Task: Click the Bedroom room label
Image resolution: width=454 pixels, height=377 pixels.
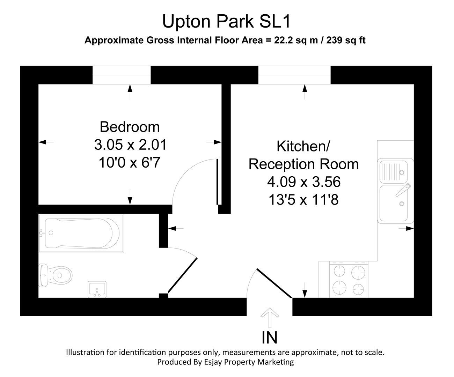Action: click(130, 127)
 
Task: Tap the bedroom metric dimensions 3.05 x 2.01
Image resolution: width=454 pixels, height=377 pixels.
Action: click(130, 145)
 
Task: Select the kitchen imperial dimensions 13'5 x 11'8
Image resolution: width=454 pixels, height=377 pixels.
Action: click(303, 200)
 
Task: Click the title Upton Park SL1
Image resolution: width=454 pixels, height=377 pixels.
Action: click(226, 22)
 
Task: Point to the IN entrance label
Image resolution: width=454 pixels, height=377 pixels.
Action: click(270, 338)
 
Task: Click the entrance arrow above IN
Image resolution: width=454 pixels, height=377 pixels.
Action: click(270, 316)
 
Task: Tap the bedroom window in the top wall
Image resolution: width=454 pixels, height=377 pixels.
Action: click(122, 75)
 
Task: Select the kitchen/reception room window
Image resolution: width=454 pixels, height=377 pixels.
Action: click(294, 75)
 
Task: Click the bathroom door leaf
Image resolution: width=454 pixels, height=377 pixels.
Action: click(183, 275)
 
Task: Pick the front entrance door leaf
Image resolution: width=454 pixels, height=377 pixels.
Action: click(274, 283)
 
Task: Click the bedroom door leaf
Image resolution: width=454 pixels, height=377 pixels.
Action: click(218, 182)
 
